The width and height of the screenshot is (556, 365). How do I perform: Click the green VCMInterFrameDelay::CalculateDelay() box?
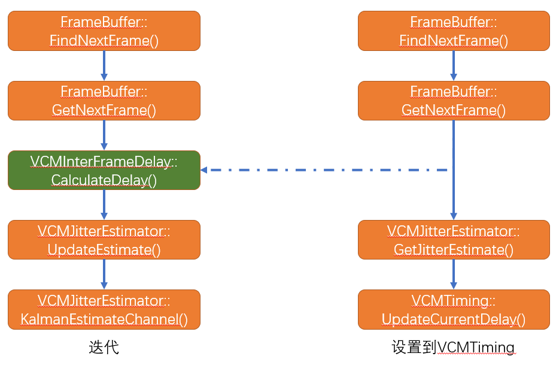point(104,170)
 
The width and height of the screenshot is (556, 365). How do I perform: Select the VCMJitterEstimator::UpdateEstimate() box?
point(104,240)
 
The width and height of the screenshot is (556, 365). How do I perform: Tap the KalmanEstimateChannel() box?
point(104,309)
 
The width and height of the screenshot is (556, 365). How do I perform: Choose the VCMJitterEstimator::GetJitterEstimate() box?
point(453,240)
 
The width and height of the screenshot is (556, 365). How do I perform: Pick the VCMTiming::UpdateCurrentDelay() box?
point(453,309)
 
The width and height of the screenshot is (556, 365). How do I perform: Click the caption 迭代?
point(104,347)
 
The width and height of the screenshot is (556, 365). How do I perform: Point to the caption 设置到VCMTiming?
point(453,347)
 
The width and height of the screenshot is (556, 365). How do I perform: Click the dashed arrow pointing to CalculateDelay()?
point(323,170)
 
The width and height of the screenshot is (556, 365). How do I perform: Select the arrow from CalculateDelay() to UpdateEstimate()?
point(104,204)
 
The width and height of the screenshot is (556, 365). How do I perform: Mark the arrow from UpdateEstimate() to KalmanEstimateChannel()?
point(104,274)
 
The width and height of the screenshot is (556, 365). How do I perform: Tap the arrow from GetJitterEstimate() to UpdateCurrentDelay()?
point(453,274)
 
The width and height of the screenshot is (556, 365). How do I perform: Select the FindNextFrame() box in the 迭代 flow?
point(104,31)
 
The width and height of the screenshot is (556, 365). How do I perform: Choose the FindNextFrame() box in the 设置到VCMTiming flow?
point(453,31)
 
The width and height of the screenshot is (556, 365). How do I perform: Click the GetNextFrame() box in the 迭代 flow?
point(104,101)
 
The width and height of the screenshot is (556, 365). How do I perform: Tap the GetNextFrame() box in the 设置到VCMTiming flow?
point(453,101)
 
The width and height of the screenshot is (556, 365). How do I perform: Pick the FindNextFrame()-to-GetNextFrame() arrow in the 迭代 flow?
point(104,65)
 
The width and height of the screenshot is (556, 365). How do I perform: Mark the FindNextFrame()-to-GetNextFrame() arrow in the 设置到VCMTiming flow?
point(453,65)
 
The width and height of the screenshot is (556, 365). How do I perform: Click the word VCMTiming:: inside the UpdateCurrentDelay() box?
point(453,301)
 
